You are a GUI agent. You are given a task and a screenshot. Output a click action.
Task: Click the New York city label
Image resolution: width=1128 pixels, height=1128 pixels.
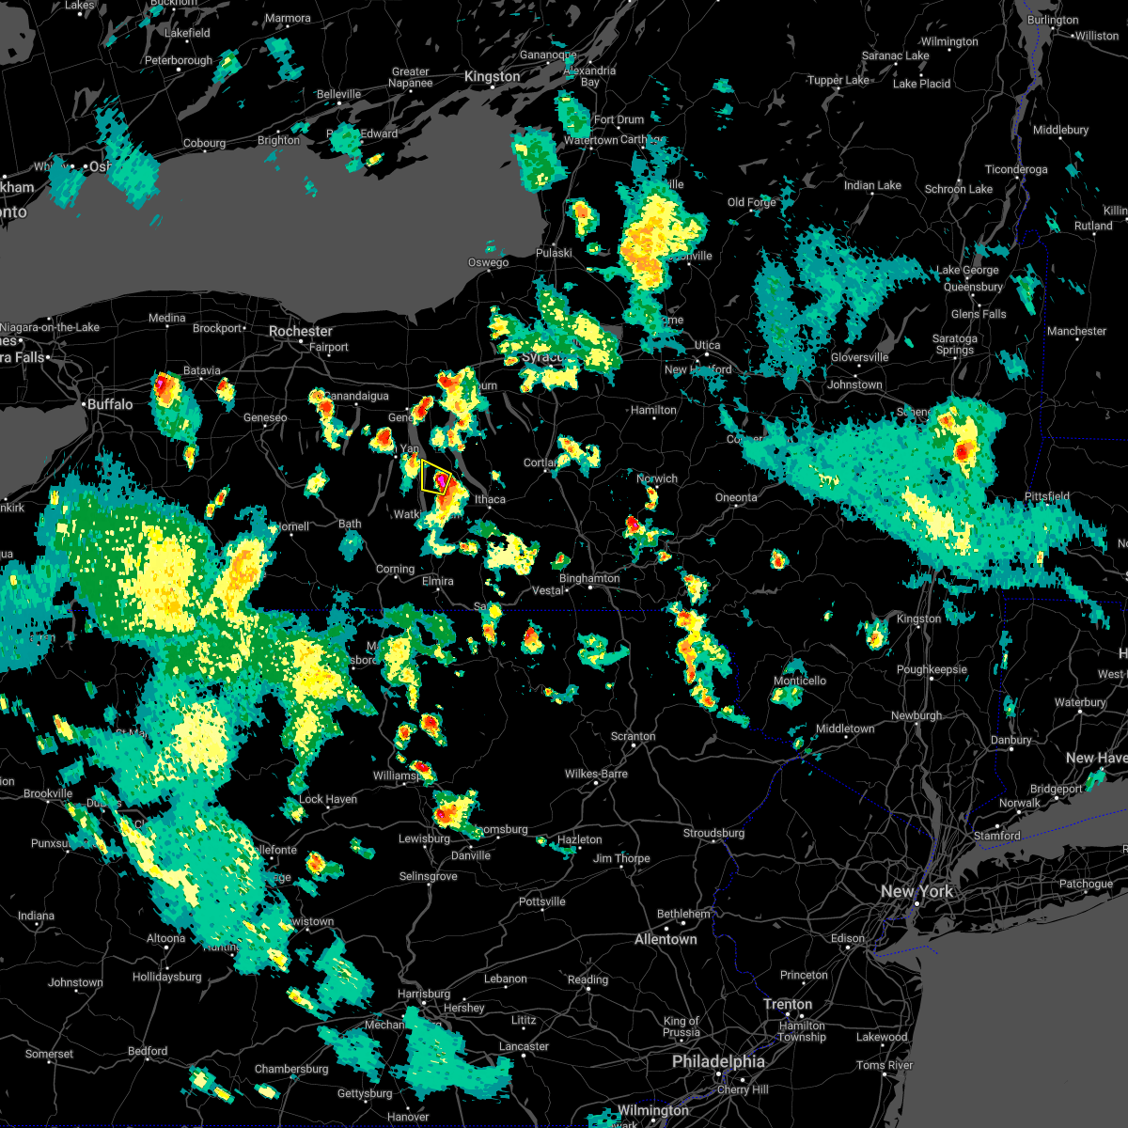pyautogui.click(x=916, y=891)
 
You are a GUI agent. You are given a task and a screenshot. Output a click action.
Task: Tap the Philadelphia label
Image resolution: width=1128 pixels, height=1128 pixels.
pyautogui.click(x=718, y=1061)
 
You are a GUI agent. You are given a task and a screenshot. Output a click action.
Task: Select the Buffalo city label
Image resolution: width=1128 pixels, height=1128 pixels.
pyautogui.click(x=110, y=404)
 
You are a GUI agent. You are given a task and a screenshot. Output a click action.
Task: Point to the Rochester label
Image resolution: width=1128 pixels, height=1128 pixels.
pyautogui.click(x=301, y=331)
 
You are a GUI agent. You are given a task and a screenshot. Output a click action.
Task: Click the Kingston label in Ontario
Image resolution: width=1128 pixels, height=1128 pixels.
pyautogui.click(x=492, y=77)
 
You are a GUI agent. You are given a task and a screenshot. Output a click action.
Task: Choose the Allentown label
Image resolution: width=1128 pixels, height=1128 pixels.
pyautogui.click(x=666, y=939)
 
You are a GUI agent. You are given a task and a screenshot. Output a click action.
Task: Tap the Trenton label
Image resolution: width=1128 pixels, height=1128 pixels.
pyautogui.click(x=788, y=1004)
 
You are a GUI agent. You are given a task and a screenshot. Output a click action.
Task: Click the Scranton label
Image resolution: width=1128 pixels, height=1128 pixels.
pyautogui.click(x=633, y=736)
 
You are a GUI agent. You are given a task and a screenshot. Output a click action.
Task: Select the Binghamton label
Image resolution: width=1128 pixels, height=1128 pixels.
pyautogui.click(x=589, y=578)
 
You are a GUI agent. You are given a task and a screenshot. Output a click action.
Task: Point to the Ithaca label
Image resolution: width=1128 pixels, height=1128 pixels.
pyautogui.click(x=490, y=499)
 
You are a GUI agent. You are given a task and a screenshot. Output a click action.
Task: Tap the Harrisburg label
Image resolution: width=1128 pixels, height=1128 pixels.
pyautogui.click(x=424, y=994)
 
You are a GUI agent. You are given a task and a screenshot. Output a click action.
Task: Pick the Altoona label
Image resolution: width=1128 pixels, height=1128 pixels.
pyautogui.click(x=165, y=938)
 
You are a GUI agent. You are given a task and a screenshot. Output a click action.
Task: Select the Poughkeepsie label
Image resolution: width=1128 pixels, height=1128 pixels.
pyautogui.click(x=932, y=670)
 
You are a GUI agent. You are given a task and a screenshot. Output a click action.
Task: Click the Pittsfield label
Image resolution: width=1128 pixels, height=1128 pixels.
pyautogui.click(x=1046, y=496)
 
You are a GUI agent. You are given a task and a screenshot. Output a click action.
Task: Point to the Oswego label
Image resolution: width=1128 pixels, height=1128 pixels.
pyautogui.click(x=488, y=262)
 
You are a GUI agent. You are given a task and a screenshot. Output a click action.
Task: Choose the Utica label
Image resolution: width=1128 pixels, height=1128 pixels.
pyautogui.click(x=707, y=346)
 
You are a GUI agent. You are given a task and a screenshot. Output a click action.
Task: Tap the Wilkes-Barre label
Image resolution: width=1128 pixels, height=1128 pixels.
pyautogui.click(x=596, y=774)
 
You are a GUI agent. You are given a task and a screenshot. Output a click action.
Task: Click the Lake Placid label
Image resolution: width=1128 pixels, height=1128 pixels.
pyautogui.click(x=921, y=84)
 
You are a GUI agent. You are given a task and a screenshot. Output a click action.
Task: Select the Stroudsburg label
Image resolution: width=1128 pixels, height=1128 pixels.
pyautogui.click(x=713, y=833)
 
